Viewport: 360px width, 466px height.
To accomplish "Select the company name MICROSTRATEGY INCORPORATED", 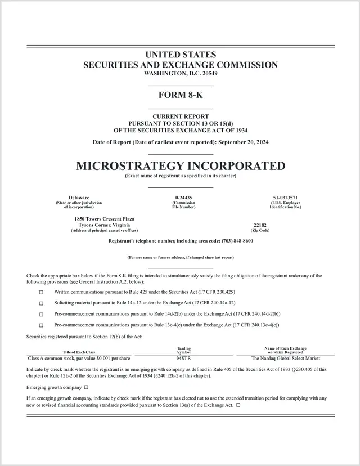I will tap(180, 166).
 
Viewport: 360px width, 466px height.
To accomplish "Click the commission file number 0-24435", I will tap(183, 198).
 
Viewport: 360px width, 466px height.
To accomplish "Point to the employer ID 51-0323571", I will tap(285, 198).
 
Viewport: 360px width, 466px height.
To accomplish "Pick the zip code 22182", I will tap(260, 225).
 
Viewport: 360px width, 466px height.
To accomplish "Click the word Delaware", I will tap(79, 198).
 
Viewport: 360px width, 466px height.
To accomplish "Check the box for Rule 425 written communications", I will tap(41, 293).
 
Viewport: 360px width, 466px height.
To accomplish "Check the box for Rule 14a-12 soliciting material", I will tap(41, 303).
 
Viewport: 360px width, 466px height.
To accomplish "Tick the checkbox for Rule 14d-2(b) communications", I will tap(41, 314).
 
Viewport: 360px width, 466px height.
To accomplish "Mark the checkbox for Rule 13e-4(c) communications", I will tap(41, 325).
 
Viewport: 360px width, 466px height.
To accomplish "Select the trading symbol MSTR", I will tap(184, 357).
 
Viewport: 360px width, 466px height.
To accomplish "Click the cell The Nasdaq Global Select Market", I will tap(285, 357).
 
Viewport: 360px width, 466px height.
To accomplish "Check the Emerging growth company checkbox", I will tap(86, 387).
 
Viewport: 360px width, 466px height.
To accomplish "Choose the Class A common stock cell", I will tap(79, 357).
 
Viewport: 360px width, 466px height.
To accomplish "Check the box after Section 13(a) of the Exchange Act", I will tap(238, 405).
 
